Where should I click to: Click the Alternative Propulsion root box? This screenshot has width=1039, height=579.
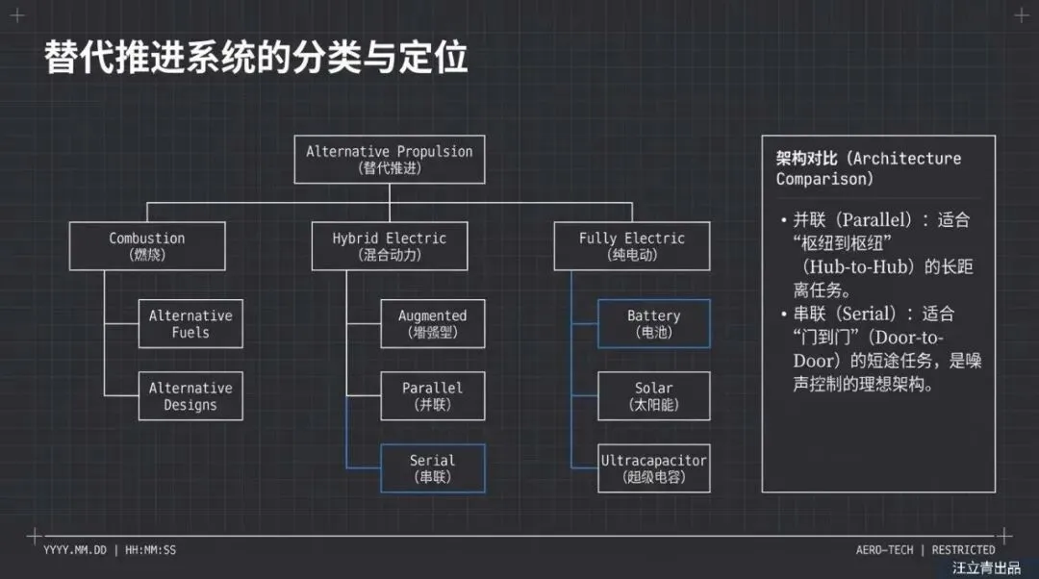[x=390, y=159]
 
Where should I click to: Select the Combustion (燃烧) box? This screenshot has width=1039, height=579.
[x=147, y=246]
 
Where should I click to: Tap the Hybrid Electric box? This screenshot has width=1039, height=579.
[x=390, y=246]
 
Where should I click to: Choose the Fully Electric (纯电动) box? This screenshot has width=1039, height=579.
[x=632, y=246]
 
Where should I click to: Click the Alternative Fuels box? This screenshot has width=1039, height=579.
[x=190, y=323]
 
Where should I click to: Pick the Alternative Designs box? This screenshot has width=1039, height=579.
[x=190, y=396]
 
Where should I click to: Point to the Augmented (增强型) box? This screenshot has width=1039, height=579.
[x=433, y=323]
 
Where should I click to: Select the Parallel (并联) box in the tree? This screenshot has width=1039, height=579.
[x=433, y=396]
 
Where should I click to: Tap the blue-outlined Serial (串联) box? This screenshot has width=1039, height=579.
[x=433, y=468]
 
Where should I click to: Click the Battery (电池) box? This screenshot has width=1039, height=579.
[x=654, y=323]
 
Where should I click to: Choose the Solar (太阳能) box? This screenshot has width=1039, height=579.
[x=654, y=396]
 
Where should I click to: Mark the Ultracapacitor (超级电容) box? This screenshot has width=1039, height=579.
[x=654, y=468]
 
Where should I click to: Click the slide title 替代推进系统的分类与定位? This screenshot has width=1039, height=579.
[x=256, y=58]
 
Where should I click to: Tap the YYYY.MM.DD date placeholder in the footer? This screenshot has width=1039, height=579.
[x=74, y=550]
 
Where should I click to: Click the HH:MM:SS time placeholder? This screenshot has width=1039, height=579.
[x=150, y=550]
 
